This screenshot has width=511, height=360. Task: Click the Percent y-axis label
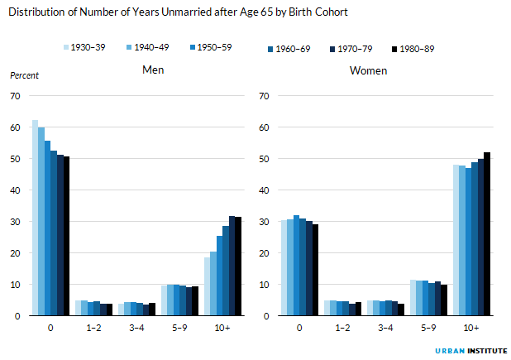point(24,75)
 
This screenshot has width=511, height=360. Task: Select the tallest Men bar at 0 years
point(35,218)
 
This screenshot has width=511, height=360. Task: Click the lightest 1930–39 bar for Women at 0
point(284,267)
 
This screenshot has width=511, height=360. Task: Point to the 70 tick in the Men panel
point(15,96)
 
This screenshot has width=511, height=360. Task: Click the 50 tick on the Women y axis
point(265,159)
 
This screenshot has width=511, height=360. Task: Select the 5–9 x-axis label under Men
point(180,328)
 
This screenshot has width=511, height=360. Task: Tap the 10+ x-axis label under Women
point(471,328)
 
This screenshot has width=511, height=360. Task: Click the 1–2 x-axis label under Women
point(342,328)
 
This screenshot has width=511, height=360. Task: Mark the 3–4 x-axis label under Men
point(137,328)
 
